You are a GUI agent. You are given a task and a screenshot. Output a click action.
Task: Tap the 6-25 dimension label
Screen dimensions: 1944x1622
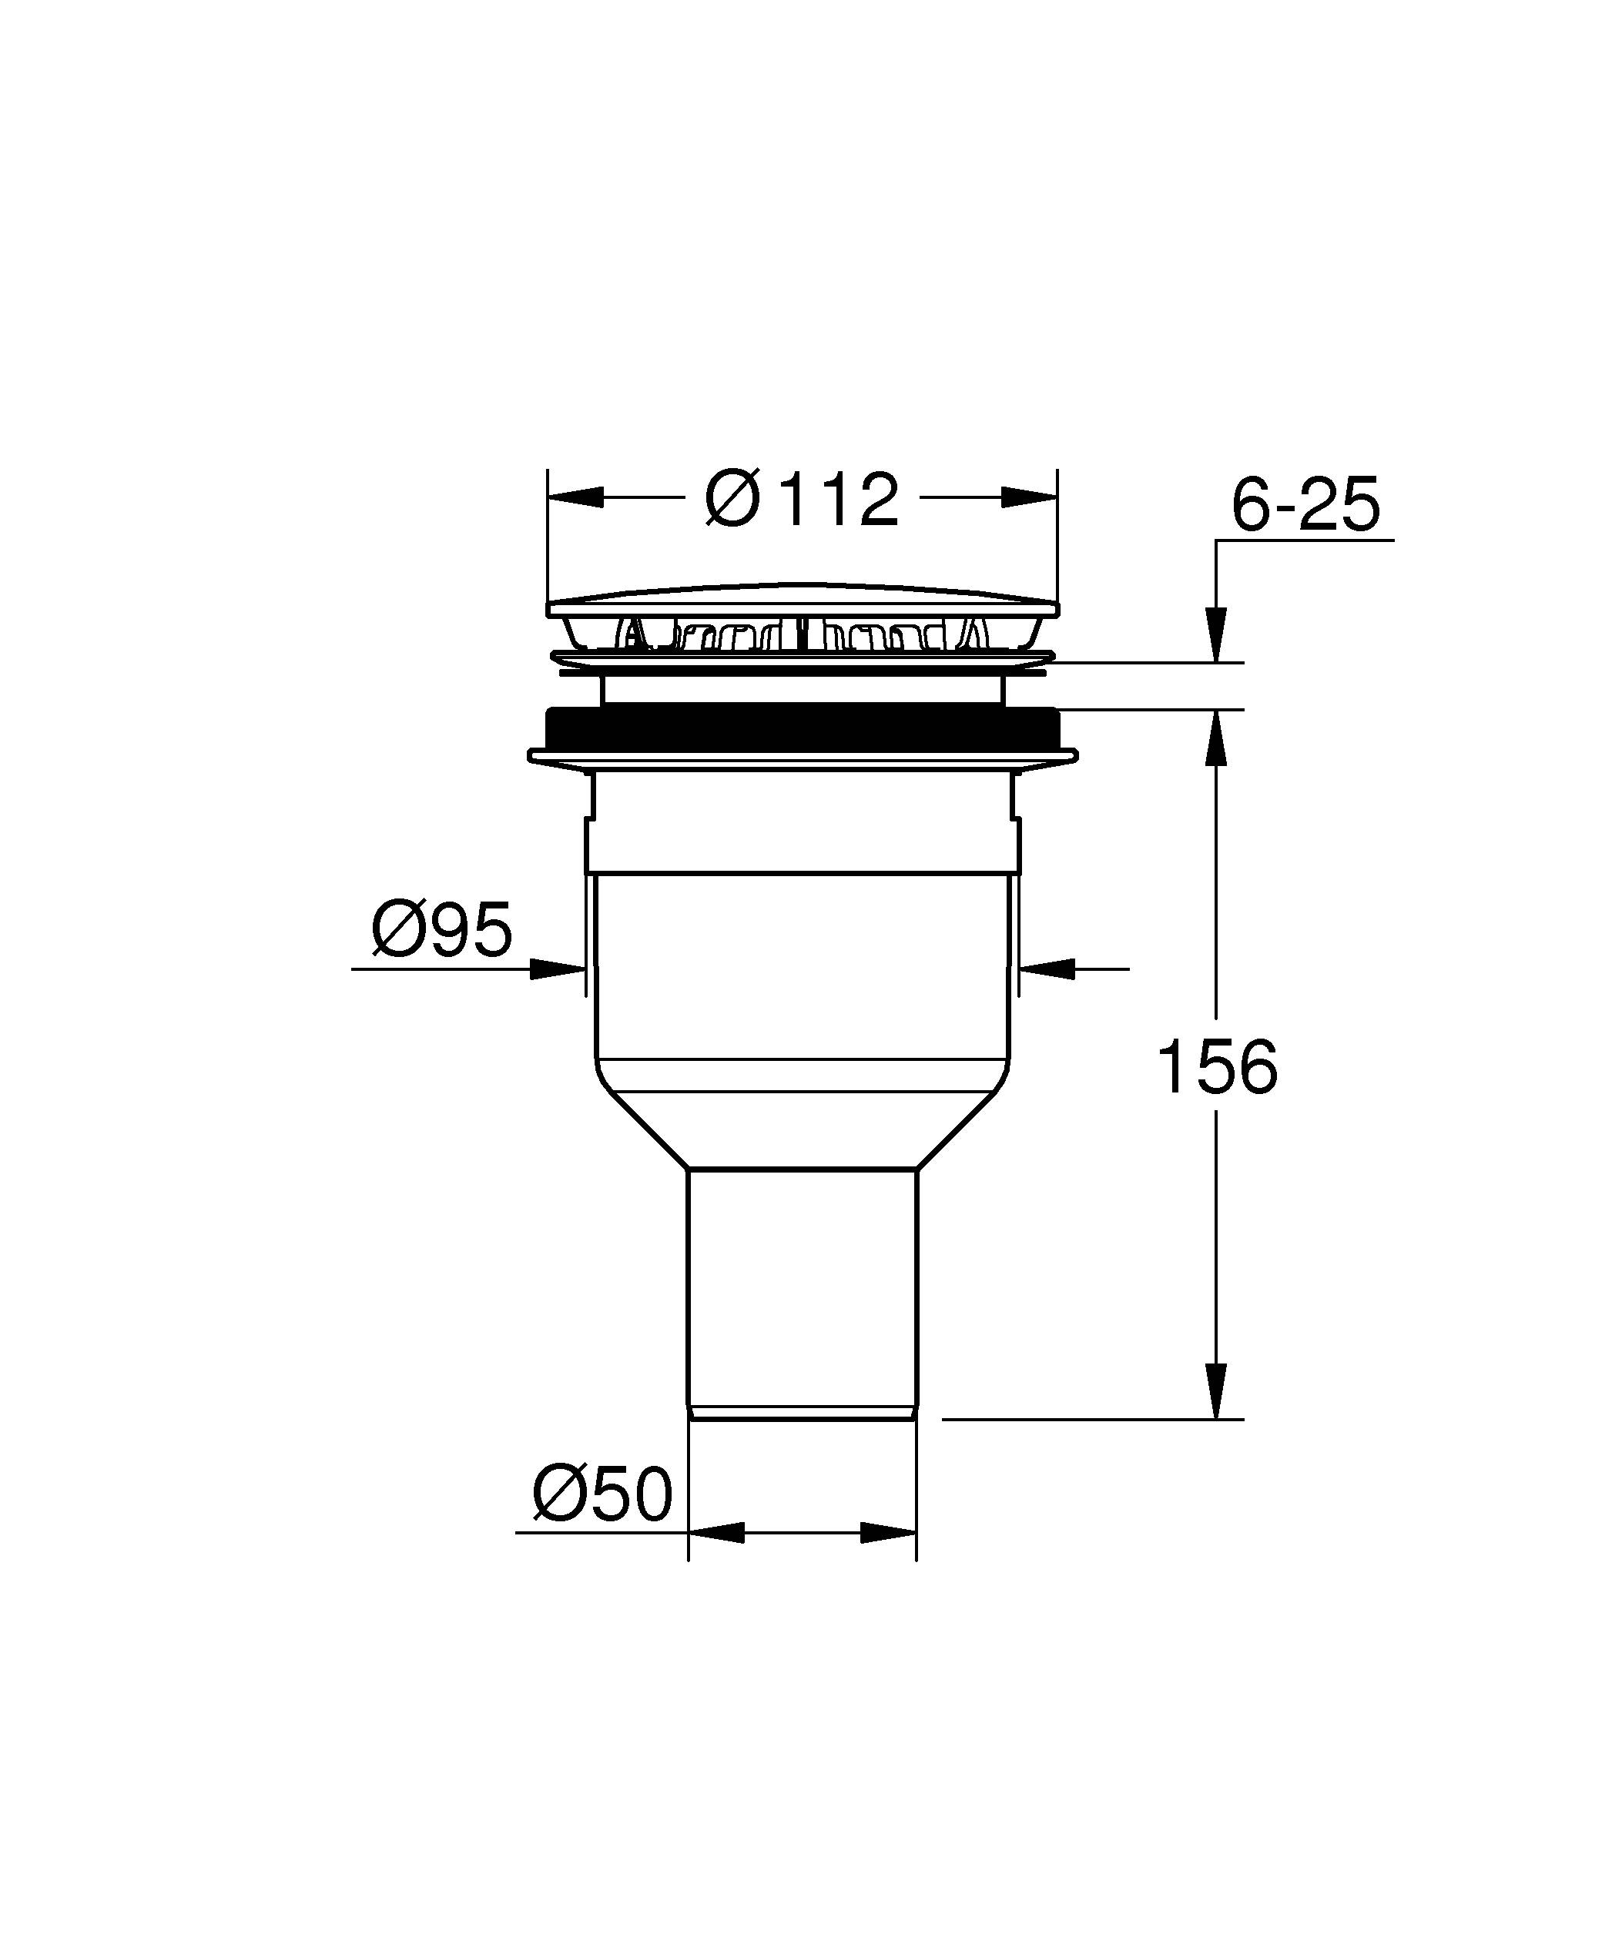point(1305,505)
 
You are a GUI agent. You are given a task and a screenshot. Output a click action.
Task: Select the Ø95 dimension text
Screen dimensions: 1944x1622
point(441,929)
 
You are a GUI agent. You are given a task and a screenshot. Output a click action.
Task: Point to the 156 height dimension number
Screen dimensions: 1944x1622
point(1217,1067)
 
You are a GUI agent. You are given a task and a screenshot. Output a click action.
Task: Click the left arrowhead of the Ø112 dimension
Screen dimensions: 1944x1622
point(576,497)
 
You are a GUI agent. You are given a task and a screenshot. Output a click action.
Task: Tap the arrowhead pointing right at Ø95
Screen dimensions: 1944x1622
point(558,969)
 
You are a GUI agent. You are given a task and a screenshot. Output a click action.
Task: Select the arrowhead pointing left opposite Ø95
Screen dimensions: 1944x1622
point(1046,969)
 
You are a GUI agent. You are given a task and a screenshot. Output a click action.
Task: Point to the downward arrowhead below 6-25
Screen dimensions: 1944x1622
point(1215,634)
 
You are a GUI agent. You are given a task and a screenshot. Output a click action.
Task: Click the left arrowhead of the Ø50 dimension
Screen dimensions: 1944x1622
point(718,1533)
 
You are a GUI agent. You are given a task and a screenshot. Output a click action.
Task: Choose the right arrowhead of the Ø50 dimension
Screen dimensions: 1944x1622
point(888,1533)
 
